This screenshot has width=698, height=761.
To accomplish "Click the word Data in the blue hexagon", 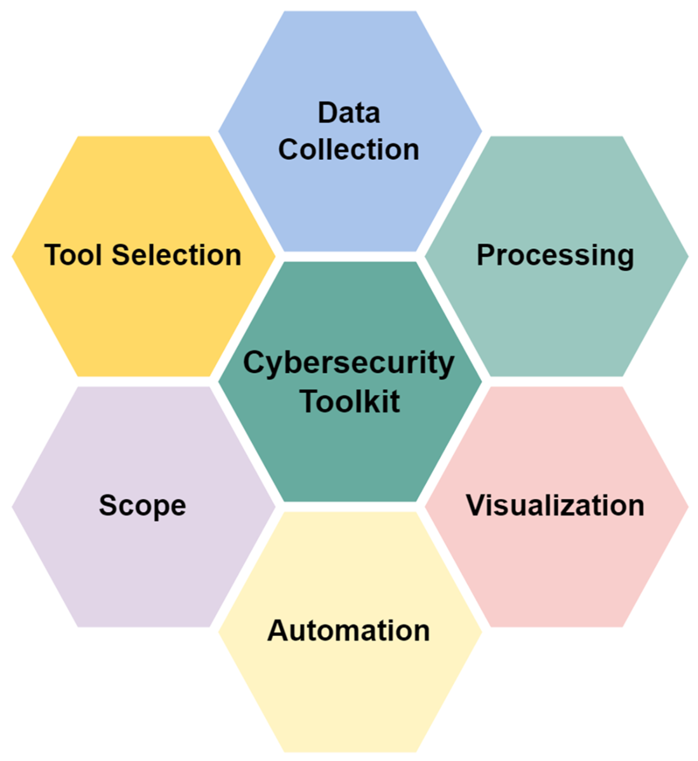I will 349,112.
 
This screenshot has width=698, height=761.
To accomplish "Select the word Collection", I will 349,150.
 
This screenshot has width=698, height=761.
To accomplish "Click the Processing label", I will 555,255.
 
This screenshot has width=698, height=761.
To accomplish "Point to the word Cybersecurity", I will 349,364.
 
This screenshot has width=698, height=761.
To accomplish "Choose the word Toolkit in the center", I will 350,401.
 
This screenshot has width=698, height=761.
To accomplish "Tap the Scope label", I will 143,506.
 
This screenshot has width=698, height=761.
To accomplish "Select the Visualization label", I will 555,506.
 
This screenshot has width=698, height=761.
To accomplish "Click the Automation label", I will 349,631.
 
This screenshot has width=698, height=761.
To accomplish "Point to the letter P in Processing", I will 485,255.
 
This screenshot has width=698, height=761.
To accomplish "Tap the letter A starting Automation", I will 277,631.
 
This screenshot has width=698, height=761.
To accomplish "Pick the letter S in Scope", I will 107,506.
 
